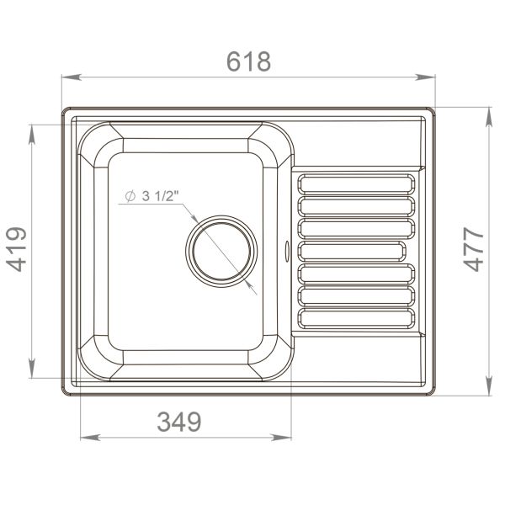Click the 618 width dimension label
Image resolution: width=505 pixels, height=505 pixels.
(248, 61)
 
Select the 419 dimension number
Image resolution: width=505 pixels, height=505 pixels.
(18, 249)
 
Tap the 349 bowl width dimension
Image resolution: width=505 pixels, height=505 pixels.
(179, 422)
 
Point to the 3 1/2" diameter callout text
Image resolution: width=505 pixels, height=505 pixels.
(161, 196)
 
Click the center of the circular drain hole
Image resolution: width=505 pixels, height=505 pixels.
(221, 252)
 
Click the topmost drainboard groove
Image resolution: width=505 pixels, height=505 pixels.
(356, 184)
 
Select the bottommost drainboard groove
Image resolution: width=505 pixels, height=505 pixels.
(356, 317)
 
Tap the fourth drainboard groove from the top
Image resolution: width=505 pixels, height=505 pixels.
(356, 251)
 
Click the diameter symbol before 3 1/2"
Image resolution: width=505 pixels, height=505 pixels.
(130, 196)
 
